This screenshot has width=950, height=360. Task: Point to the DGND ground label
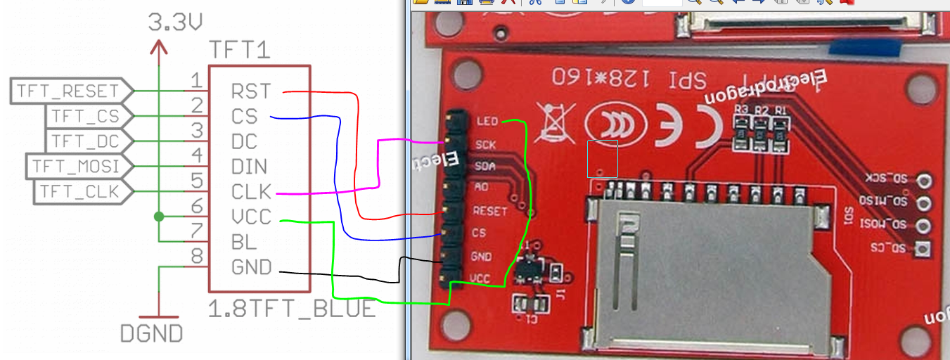[x=152, y=333]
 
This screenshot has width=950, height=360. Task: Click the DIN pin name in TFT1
[x=250, y=167]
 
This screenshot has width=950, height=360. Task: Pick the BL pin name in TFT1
[x=244, y=243]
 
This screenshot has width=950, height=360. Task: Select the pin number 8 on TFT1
[x=197, y=255]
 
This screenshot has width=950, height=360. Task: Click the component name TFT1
[x=240, y=51]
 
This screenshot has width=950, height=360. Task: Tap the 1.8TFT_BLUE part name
[x=293, y=309]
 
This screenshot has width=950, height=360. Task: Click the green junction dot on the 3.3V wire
[x=160, y=217]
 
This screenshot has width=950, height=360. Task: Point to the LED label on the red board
[x=487, y=122]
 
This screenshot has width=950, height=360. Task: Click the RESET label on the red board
[x=490, y=211]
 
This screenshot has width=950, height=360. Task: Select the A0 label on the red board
[x=482, y=188]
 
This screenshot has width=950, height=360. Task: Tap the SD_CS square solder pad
[x=923, y=248]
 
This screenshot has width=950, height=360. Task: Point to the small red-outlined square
[x=603, y=159]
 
